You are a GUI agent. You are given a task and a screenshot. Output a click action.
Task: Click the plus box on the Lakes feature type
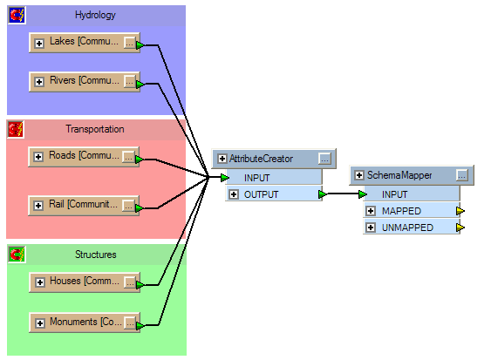pos(39,44)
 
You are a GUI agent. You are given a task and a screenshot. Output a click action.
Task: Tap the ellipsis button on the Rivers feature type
pos(129,81)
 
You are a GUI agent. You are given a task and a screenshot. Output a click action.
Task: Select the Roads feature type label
pos(84,155)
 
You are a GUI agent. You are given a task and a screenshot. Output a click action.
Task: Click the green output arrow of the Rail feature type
pos(139,208)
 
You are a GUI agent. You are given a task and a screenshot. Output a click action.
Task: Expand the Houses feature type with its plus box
pos(40,282)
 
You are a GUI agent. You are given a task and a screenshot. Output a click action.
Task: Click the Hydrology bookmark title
pos(95,15)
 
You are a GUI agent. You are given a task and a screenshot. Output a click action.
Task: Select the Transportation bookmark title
pos(95,129)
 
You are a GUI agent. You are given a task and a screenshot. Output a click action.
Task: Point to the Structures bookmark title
pos(96,255)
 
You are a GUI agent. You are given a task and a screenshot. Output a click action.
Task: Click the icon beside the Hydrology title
pos(17,15)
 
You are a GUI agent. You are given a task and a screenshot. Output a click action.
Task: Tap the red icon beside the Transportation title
pos(16,129)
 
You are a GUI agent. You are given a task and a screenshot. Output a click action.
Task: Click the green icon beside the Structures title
pos(17,255)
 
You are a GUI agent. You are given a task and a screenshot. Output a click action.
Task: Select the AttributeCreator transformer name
pos(261,159)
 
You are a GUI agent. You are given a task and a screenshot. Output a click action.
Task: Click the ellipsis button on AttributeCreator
pos(324,159)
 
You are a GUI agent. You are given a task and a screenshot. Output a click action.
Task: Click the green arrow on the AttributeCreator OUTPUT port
pos(323,194)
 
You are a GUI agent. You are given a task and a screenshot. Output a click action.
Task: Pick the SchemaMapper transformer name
pos(399,175)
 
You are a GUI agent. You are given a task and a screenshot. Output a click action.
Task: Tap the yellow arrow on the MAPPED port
pos(460,211)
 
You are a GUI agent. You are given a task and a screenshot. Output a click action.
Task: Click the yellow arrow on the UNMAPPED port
pos(460,228)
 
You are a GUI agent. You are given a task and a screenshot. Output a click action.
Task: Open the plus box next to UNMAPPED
pos(371,228)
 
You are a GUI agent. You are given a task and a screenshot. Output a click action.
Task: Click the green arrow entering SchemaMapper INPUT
pos(363,194)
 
